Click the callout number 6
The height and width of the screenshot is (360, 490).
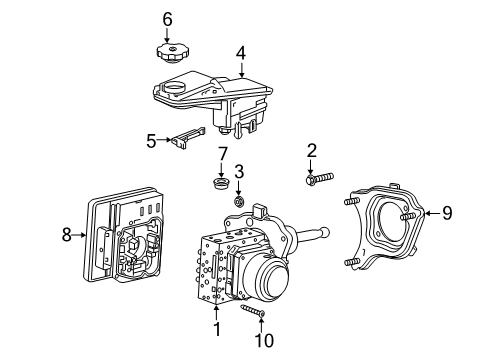[x=167, y=20]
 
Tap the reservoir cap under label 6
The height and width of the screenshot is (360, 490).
[x=173, y=52]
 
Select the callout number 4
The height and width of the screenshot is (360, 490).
[x=241, y=53]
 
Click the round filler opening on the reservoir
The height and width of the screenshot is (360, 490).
[x=174, y=88]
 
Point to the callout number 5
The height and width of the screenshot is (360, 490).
[x=151, y=141]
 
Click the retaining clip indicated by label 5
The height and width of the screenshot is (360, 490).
[x=188, y=137]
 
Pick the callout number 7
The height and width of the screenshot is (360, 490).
[x=222, y=154]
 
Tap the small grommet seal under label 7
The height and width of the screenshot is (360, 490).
[x=221, y=184]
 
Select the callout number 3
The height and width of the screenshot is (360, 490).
[x=239, y=172]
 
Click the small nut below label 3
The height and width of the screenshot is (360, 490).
[x=239, y=201]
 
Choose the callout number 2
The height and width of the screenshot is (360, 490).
[x=311, y=151]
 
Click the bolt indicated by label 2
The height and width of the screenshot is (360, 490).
[x=319, y=178]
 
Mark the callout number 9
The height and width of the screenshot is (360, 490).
[x=447, y=213]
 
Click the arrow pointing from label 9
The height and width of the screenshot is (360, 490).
[x=432, y=213]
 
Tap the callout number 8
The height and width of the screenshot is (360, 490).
[x=67, y=235]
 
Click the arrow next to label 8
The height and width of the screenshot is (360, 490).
[x=79, y=235]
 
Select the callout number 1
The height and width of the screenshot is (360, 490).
[x=217, y=329]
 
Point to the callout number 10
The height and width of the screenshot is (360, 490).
[x=264, y=341]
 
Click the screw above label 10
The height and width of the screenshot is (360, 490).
[x=253, y=310]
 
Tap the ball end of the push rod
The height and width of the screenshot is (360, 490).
[x=324, y=232]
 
